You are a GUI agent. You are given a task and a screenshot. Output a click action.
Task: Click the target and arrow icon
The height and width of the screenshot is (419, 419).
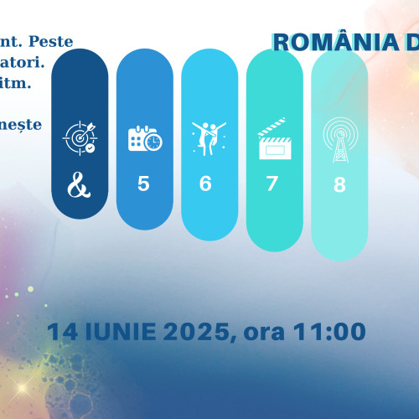tap(80, 139)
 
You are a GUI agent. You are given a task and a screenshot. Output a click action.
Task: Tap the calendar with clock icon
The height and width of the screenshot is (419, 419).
tap(144, 139)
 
